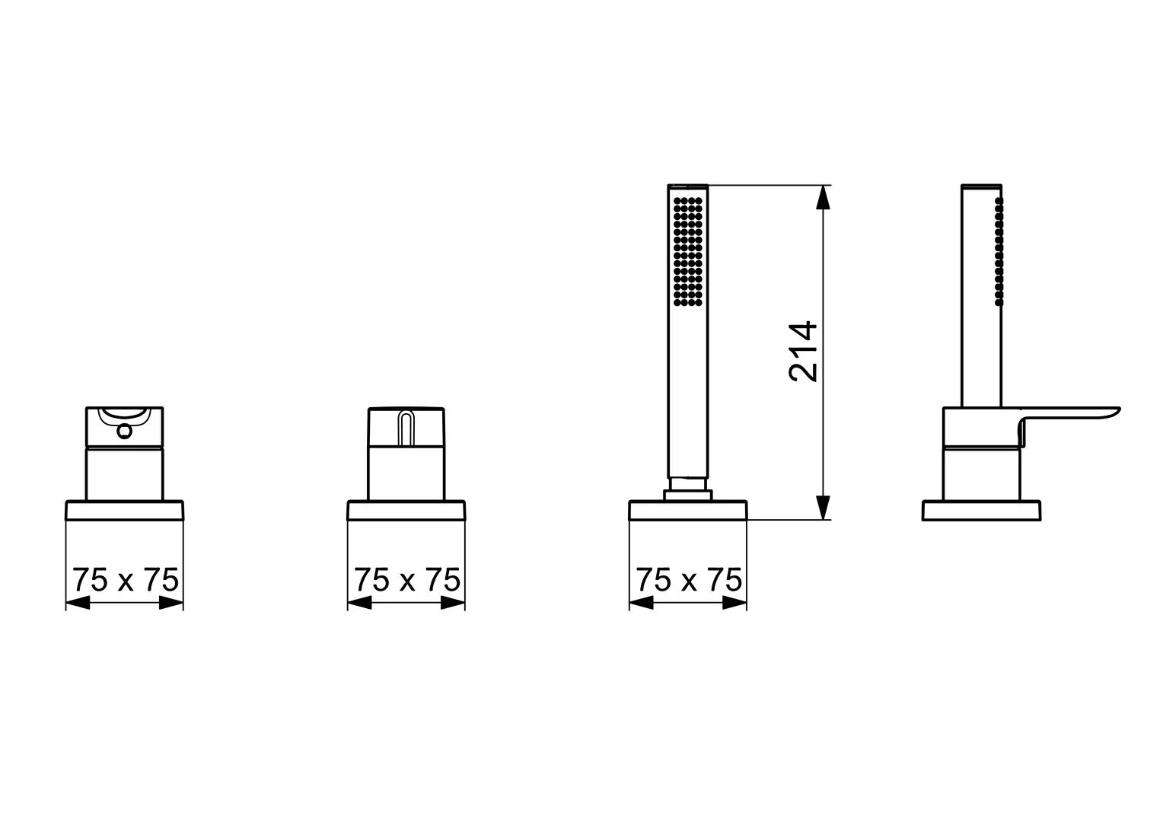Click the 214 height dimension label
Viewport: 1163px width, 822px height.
pyautogui.click(x=803, y=352)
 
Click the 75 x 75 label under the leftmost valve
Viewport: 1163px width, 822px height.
pyautogui.click(x=125, y=580)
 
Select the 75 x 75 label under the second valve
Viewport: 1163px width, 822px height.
pyautogui.click(x=407, y=580)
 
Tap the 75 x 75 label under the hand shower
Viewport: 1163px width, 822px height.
pyautogui.click(x=689, y=580)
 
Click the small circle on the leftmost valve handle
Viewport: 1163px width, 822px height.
pyautogui.click(x=125, y=431)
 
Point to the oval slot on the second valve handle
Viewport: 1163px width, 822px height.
pyautogui.click(x=406, y=428)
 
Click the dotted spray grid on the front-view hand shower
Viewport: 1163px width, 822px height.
pyautogui.click(x=688, y=251)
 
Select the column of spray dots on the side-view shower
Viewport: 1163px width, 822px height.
pyautogui.click(x=999, y=251)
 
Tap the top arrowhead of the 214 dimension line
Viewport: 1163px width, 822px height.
pyautogui.click(x=823, y=197)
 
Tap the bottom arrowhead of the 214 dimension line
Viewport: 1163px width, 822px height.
pyautogui.click(x=823, y=508)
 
